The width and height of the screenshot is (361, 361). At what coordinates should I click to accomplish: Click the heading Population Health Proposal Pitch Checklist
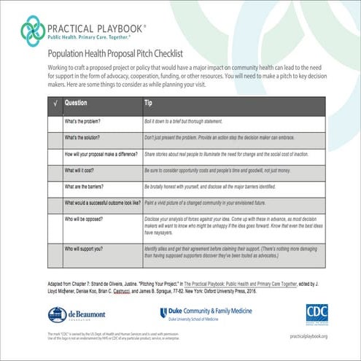pos(124,53)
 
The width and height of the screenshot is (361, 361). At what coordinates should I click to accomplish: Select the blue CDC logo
pos(317,313)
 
